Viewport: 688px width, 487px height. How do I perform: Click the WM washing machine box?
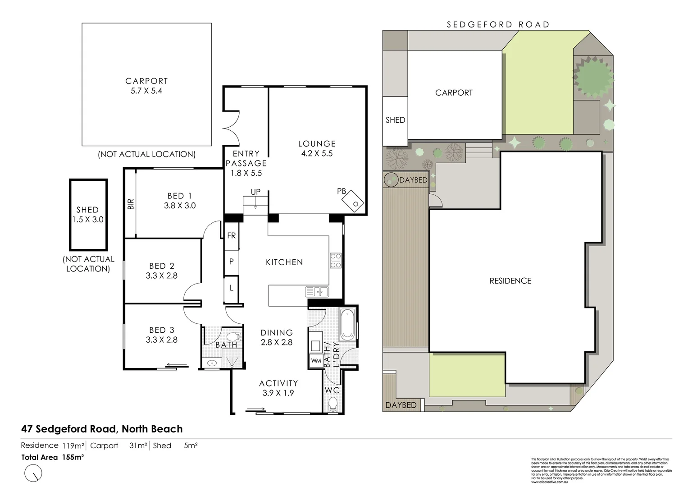pyautogui.click(x=316, y=361)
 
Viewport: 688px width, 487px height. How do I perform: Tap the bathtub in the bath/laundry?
pyautogui.click(x=347, y=325)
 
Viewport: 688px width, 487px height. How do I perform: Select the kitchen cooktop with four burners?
pyautogui.click(x=336, y=261)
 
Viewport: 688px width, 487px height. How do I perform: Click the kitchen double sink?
pyautogui.click(x=317, y=292)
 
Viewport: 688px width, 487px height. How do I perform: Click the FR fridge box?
pyautogui.click(x=231, y=235)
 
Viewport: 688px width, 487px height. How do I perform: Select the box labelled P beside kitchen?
pyautogui.click(x=231, y=261)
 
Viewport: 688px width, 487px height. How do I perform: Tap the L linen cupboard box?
pyautogui.click(x=231, y=287)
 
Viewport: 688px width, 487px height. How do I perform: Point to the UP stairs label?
pyautogui.click(x=255, y=192)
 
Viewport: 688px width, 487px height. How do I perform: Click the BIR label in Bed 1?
pyautogui.click(x=131, y=204)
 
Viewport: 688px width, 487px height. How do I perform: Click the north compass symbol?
pyautogui.click(x=34, y=473)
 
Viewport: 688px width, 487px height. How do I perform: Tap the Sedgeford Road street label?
pyautogui.click(x=498, y=25)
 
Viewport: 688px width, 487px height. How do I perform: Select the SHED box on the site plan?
pyautogui.click(x=395, y=120)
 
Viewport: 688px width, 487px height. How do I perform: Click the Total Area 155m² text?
pyautogui.click(x=53, y=457)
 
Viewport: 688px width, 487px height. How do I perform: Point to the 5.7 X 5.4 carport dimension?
pyautogui.click(x=146, y=91)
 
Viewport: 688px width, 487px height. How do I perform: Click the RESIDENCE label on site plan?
pyautogui.click(x=510, y=281)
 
